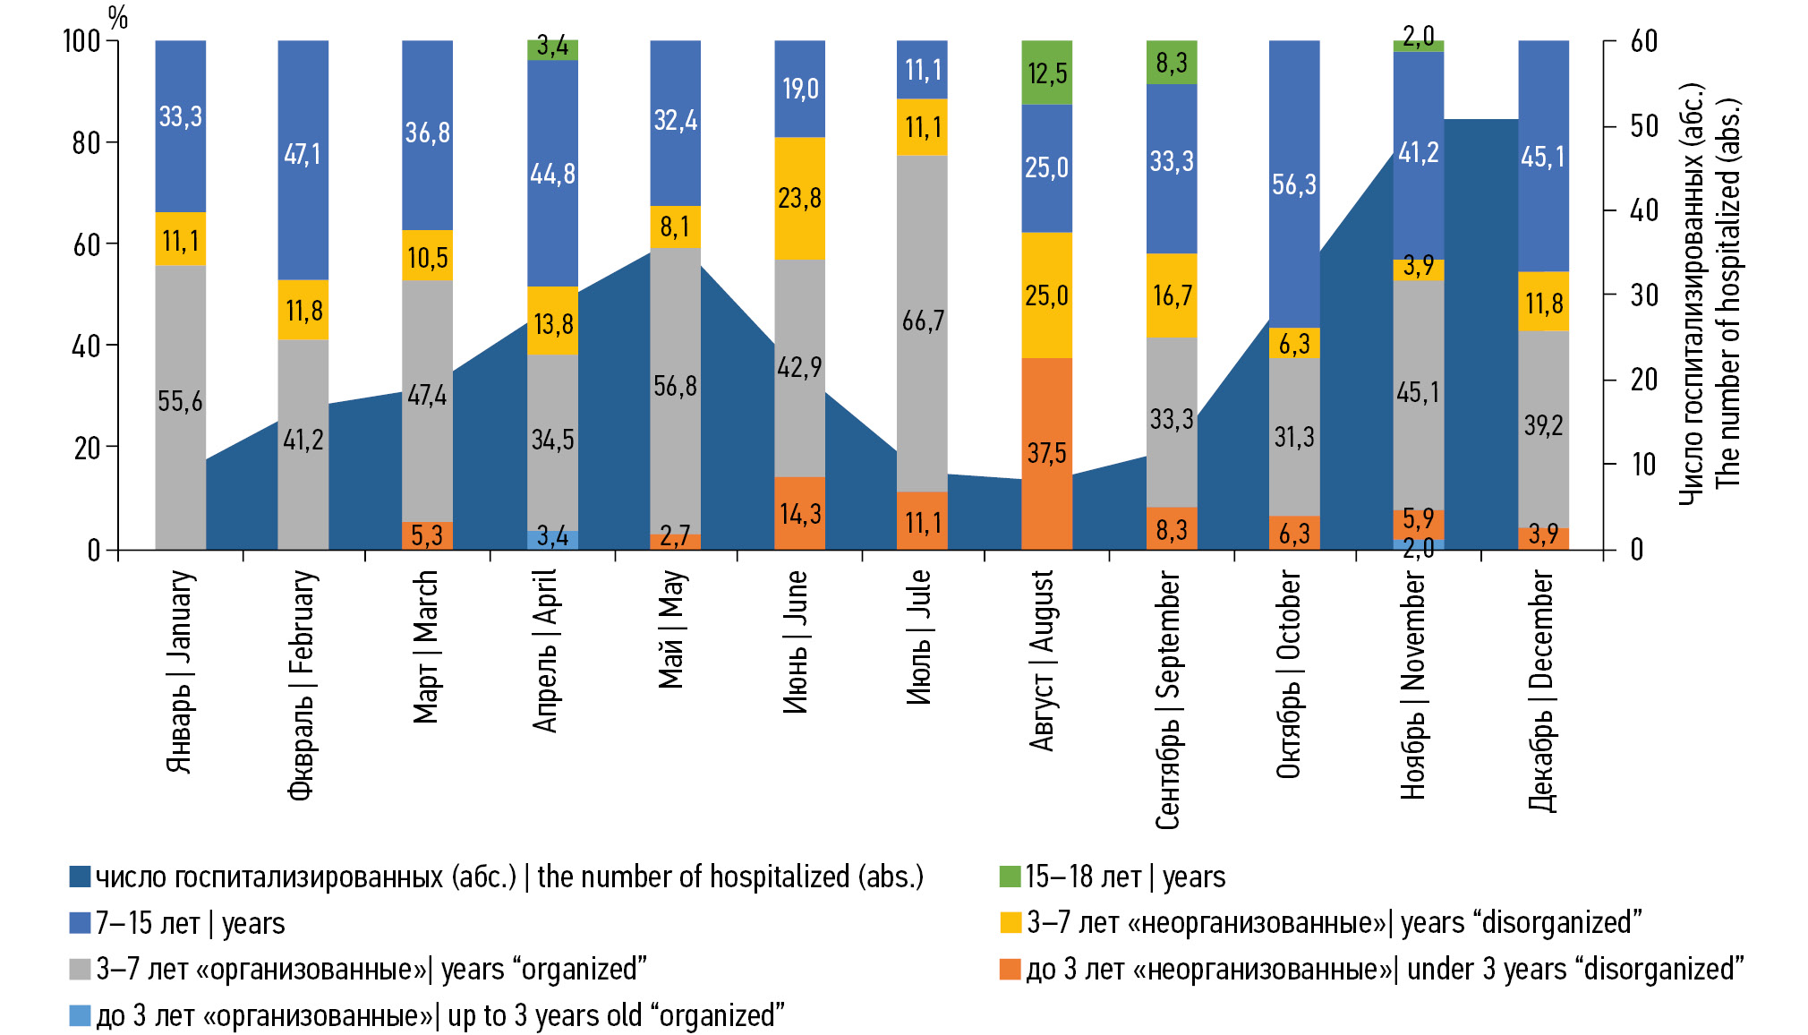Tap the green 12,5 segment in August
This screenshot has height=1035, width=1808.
pos(1046,73)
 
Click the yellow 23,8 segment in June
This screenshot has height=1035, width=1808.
pos(799,198)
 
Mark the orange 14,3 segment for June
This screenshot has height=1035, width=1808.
pos(799,513)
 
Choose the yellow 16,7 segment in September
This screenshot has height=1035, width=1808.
pos(1171,295)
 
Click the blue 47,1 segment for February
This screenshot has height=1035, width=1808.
pos(303,154)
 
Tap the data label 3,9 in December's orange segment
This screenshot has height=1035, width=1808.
pos(1543,535)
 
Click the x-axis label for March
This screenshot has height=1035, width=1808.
pos(426,646)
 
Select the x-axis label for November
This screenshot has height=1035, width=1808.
pos(1413,685)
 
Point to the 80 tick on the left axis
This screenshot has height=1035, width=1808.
pos(87,142)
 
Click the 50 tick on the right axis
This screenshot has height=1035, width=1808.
pos(1644,126)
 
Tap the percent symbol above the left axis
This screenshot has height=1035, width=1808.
pos(117,17)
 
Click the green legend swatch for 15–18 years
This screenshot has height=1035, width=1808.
pos(1011,877)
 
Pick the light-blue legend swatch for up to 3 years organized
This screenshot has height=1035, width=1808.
pos(81,1015)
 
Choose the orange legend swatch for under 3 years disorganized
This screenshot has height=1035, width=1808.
pos(1011,969)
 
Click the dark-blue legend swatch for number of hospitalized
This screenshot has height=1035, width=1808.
pos(81,877)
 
